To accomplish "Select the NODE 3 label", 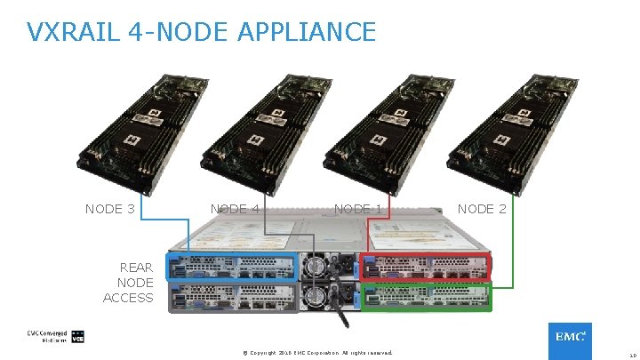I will pyautogui.click(x=110, y=209).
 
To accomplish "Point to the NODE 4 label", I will pyautogui.click(x=235, y=209).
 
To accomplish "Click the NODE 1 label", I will pyautogui.click(x=358, y=209).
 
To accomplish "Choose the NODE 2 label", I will pyautogui.click(x=482, y=209).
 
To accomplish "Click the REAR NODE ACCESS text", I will pyautogui.click(x=129, y=283).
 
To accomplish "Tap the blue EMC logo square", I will pyautogui.click(x=569, y=339).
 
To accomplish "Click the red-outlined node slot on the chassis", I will pyautogui.click(x=424, y=266).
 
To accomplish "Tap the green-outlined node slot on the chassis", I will pyautogui.click(x=424, y=297).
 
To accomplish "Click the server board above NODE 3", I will pyautogui.click(x=124, y=124).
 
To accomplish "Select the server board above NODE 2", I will pyautogui.click(x=494, y=124).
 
